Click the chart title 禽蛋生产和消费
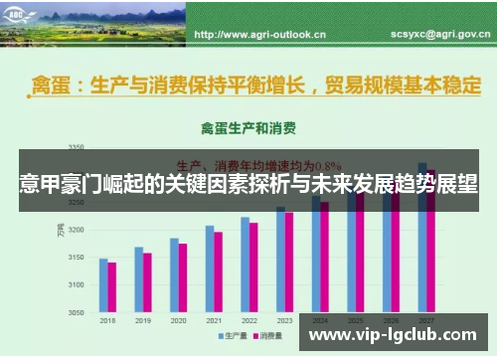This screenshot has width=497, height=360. point(248,128)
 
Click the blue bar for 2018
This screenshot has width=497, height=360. point(103,285)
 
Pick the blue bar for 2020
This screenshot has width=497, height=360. point(174,275)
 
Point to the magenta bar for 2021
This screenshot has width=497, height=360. point(219,271)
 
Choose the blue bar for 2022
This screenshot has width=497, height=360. point(245,265)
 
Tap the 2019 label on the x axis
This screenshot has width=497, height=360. point(144,321)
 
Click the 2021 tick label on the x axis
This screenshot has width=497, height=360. point(214,321)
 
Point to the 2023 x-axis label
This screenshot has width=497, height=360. point(284,321)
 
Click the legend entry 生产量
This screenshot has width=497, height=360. point(235,336)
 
